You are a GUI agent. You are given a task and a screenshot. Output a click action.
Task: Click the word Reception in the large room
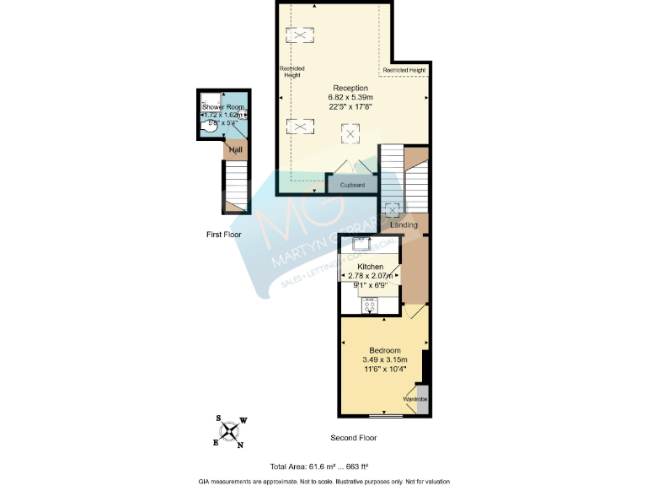[x=350, y=89]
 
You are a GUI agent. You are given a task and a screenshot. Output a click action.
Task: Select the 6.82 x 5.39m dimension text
[x=350, y=98]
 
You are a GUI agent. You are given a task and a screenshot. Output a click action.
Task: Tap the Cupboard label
[x=351, y=185]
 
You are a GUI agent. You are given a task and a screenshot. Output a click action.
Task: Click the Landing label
[x=404, y=225]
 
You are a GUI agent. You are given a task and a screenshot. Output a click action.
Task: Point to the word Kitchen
[x=370, y=267]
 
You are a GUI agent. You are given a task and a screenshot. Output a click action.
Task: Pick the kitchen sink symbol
[x=364, y=244]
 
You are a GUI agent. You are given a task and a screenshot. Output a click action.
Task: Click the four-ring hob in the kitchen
[x=369, y=305]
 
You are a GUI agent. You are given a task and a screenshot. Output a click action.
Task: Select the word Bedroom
[x=384, y=350]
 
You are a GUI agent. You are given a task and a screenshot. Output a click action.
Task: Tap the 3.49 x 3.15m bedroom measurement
[x=384, y=359]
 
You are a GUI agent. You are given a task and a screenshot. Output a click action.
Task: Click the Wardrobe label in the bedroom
[x=415, y=398]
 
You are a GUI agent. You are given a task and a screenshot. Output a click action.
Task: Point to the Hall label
[x=236, y=150]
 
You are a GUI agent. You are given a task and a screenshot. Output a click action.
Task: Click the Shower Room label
[x=223, y=107]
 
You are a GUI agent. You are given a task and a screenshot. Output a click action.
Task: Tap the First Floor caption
[x=224, y=234]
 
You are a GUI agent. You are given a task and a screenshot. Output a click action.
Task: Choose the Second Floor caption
[x=354, y=438]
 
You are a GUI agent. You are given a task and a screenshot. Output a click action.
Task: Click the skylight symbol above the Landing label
[x=392, y=209]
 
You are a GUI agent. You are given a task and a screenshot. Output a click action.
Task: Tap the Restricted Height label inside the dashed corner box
[x=404, y=70]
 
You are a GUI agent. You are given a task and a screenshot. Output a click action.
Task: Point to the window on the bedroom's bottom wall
[x=387, y=416]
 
